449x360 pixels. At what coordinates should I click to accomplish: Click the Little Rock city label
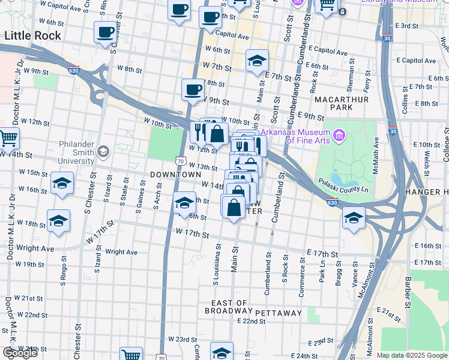(x=32, y=36)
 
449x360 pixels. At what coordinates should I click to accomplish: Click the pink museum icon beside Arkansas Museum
(x=339, y=136)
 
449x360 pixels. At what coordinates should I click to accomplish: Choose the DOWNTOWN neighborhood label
(x=175, y=174)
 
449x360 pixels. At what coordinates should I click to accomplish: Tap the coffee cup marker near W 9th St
(x=193, y=89)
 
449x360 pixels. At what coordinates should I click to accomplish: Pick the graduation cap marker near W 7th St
(x=257, y=60)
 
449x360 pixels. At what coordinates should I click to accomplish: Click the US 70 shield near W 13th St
(x=180, y=161)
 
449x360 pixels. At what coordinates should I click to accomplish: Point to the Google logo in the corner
(x=20, y=353)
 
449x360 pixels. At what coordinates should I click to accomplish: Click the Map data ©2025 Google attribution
(x=411, y=355)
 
